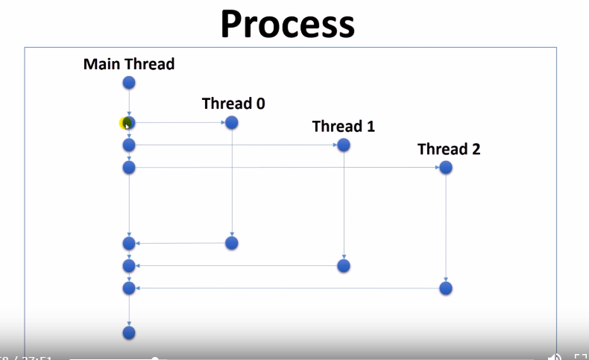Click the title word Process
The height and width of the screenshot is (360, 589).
(287, 24)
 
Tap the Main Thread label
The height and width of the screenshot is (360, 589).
(129, 64)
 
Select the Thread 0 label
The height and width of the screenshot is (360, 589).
(233, 104)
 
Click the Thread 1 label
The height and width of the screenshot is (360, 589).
(343, 126)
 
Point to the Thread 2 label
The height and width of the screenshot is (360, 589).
(449, 149)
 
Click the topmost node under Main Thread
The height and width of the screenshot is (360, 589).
(129, 83)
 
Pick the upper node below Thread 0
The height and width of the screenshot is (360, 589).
(231, 122)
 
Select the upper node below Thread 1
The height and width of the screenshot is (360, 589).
(343, 145)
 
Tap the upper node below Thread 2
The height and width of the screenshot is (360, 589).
(446, 168)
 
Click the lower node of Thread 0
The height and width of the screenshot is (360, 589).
(231, 243)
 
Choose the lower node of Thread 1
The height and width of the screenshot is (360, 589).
(343, 265)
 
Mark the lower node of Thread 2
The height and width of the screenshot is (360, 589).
(446, 288)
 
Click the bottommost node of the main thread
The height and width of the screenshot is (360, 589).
(129, 332)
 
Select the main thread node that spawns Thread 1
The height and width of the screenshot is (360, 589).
(129, 145)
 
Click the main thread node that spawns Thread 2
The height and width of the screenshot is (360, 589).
(129, 168)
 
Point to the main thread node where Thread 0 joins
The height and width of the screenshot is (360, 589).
(129, 243)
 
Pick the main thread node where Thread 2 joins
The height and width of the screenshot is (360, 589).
(129, 288)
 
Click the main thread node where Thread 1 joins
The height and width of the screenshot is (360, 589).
(129, 265)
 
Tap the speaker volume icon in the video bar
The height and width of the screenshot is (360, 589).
(555, 356)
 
